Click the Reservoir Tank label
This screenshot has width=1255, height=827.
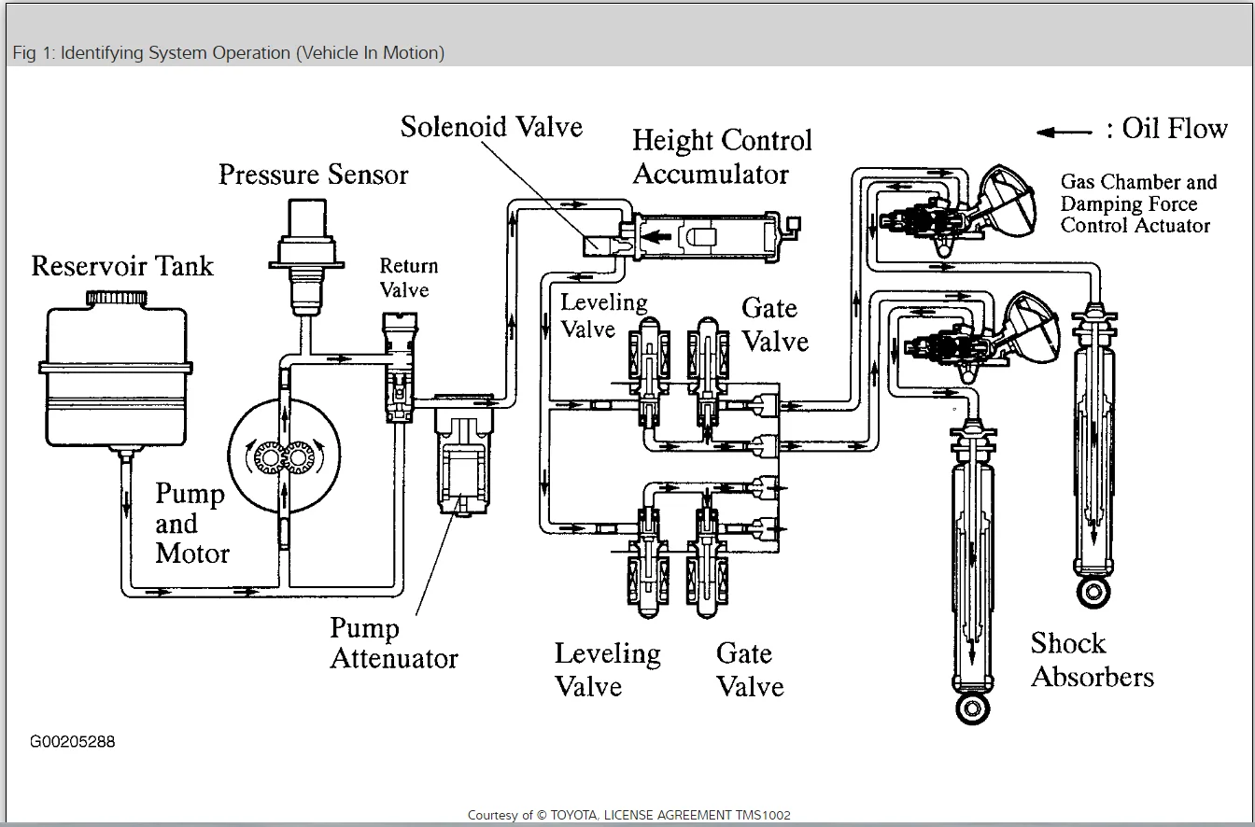pos(122,266)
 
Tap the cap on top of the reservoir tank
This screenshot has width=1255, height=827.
pos(116,298)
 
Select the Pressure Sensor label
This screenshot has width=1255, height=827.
pos(313,175)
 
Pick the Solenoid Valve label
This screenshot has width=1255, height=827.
pos(491,127)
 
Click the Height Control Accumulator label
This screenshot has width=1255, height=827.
pos(722,157)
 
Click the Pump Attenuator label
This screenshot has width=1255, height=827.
pos(394,643)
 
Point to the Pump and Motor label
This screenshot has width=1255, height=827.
pos(191,523)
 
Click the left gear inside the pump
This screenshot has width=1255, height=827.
pos(270,457)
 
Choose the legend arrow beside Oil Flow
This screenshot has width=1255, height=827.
pos(1065,132)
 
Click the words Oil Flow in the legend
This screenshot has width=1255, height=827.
pos(1175,128)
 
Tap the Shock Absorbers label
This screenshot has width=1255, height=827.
pos(1092,660)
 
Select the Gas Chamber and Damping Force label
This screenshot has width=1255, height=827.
pos(1138,203)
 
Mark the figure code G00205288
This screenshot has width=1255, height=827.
pos(73,742)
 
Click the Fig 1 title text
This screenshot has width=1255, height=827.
pos(229,53)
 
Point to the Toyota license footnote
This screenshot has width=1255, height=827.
pos(628,815)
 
